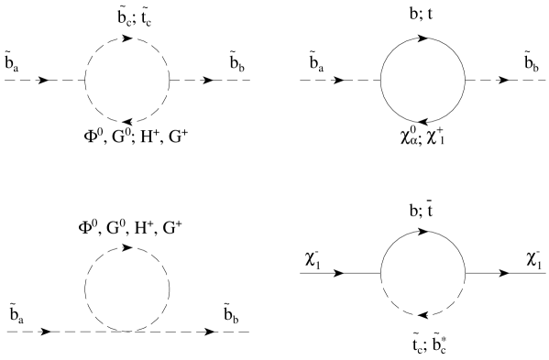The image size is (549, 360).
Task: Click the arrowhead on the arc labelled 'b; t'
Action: pyautogui.click(x=424, y=38)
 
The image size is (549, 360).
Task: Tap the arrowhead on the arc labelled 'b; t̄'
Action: pyautogui.click(x=424, y=230)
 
